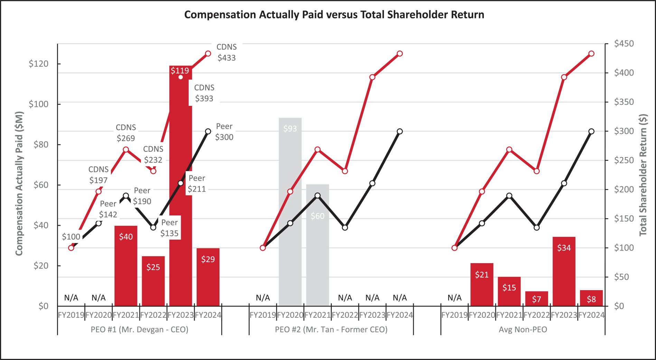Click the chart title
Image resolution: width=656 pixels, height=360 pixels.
[x=334, y=15]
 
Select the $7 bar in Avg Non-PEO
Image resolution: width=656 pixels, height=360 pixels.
[x=536, y=299]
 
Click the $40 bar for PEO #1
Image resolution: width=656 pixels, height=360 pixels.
[x=126, y=266]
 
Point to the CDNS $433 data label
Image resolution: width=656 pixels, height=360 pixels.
[x=226, y=52]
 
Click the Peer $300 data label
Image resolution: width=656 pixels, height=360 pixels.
[x=224, y=132]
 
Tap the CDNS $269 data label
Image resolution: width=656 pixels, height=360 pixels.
[x=126, y=133]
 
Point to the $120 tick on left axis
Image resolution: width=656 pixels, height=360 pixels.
[x=38, y=64]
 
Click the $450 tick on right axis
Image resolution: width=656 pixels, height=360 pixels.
[x=624, y=44]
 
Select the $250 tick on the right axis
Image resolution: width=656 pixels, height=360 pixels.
[x=624, y=160]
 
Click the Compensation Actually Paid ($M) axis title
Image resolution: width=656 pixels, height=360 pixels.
[x=19, y=183]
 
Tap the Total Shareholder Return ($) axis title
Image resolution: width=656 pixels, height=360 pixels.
[x=643, y=175]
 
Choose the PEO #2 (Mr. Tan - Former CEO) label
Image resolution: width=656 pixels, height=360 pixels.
[x=331, y=330]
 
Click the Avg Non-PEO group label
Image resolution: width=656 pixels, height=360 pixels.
[x=523, y=330]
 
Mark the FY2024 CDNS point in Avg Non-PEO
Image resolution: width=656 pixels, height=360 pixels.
[x=591, y=54]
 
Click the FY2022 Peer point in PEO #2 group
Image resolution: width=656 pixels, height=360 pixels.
[x=345, y=228]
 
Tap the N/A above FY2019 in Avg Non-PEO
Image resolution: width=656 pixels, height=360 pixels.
[x=454, y=298]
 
